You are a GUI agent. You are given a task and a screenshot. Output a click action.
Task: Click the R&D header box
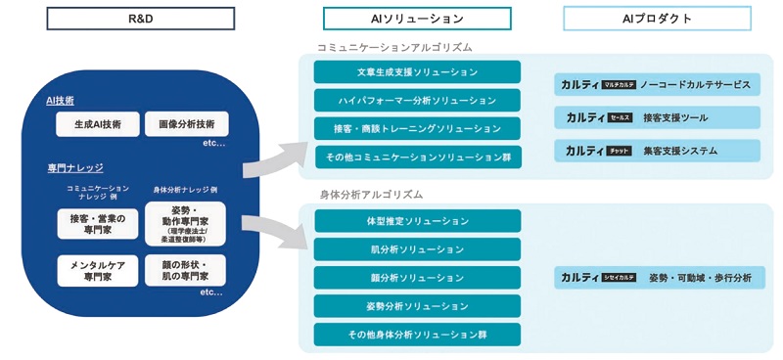tap(142, 19)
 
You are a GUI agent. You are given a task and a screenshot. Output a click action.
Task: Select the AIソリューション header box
tap(418, 19)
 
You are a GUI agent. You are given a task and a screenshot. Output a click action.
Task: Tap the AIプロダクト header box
tap(657, 19)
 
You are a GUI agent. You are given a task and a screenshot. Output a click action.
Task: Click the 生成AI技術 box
tap(97, 124)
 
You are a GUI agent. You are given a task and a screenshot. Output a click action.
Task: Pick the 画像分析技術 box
tap(186, 124)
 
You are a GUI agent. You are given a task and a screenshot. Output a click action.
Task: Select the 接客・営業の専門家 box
tap(97, 224)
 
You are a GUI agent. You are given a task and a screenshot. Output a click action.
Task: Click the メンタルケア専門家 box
tap(97, 270)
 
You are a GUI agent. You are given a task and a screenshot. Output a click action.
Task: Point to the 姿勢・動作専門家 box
tap(186, 224)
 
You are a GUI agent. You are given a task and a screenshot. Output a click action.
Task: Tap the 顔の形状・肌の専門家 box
tap(186, 270)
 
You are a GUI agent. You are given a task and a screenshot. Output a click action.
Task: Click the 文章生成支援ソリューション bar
tap(418, 72)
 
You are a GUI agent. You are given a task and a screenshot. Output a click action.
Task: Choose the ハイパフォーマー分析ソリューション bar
tap(418, 100)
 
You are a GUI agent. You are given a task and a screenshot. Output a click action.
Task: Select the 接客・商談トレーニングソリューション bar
tap(418, 128)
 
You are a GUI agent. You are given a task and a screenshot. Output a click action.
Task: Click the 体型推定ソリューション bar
tap(418, 221)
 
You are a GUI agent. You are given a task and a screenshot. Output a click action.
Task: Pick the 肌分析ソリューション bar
tap(418, 249)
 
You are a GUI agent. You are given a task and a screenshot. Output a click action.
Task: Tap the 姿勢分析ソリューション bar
tap(418, 306)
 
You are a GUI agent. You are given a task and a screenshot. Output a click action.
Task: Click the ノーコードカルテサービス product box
tap(657, 85)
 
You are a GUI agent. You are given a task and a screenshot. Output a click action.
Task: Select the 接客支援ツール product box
tap(657, 117)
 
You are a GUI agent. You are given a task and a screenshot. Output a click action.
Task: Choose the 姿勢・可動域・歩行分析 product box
tap(657, 278)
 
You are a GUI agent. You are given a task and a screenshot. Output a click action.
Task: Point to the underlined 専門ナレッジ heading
tap(75, 168)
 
